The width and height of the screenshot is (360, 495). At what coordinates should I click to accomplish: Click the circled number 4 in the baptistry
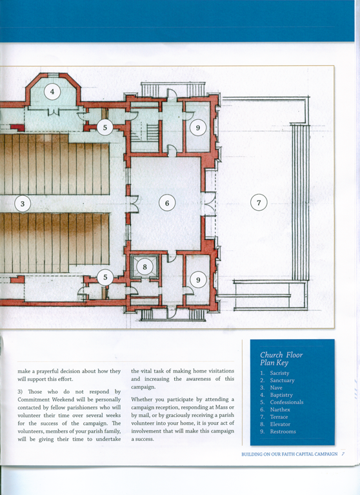click(x=52, y=92)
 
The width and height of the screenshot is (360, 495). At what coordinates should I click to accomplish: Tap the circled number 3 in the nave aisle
click(x=23, y=204)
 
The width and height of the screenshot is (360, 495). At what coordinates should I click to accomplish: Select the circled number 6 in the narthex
click(x=167, y=203)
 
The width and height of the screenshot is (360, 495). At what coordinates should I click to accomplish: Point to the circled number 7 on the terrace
click(x=259, y=202)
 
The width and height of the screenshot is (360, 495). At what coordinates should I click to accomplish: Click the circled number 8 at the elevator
click(x=145, y=267)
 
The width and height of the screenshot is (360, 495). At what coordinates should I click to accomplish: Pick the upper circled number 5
click(x=105, y=128)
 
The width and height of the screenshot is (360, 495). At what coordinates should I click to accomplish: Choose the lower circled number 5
click(x=105, y=277)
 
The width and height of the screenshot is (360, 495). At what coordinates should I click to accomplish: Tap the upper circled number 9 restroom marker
click(x=198, y=128)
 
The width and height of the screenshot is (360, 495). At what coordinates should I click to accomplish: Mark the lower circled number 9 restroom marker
click(x=198, y=280)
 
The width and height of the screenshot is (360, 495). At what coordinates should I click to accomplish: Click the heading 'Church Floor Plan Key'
click(x=281, y=358)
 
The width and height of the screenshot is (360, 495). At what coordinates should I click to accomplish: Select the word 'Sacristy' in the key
click(x=279, y=373)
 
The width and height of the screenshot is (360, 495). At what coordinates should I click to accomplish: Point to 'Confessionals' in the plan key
click(x=286, y=402)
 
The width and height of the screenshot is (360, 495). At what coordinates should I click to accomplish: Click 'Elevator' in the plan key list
click(x=280, y=424)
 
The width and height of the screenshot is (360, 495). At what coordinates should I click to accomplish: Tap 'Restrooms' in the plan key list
click(x=283, y=431)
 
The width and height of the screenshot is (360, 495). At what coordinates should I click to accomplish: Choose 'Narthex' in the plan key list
click(x=280, y=409)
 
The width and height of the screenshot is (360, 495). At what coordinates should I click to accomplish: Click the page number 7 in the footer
click(x=343, y=454)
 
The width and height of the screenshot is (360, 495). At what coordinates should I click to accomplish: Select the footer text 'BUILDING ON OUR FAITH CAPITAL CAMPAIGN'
click(x=290, y=454)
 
